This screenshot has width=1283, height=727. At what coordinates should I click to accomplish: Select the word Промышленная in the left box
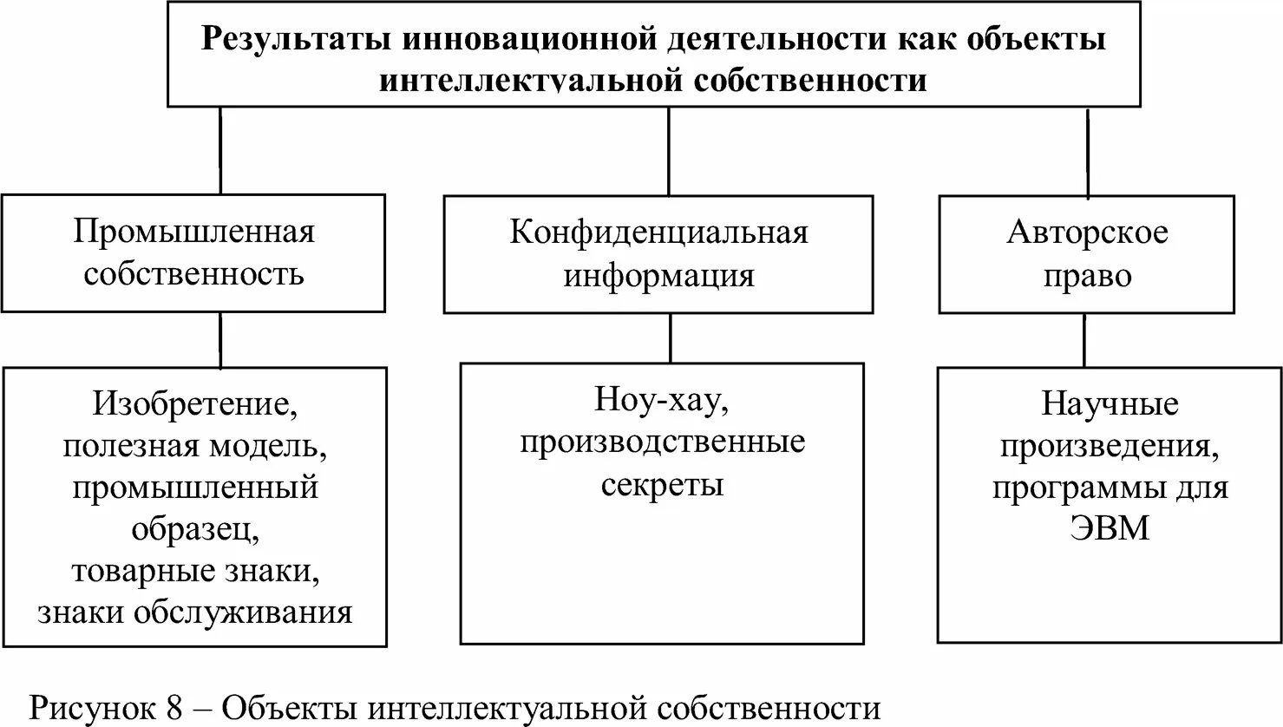pos(193,232)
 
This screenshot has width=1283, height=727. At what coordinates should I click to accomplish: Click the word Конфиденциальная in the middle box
pos(658,233)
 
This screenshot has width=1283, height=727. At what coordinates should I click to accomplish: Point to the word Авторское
pos(1087,233)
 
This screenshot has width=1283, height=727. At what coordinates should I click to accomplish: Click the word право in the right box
pos(1087,275)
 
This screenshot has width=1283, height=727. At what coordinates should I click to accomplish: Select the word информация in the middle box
pos(658,275)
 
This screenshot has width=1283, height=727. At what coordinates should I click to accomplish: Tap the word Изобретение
pos(199,404)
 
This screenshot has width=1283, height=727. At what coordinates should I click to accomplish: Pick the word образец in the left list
pos(194,529)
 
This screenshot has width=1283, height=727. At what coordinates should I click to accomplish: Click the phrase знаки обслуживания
pos(194,612)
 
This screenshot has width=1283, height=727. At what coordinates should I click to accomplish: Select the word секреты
pos(662,484)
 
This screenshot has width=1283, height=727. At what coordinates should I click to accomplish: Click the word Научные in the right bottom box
pos(1110,404)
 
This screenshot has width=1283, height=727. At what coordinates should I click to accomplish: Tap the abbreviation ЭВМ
pos(1110,528)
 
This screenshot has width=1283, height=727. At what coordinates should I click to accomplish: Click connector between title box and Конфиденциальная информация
pos(668,151)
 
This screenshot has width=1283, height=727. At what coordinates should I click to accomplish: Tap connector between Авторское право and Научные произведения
pos(1084,339)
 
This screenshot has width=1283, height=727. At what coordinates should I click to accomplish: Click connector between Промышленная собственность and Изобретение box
pos(220,339)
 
